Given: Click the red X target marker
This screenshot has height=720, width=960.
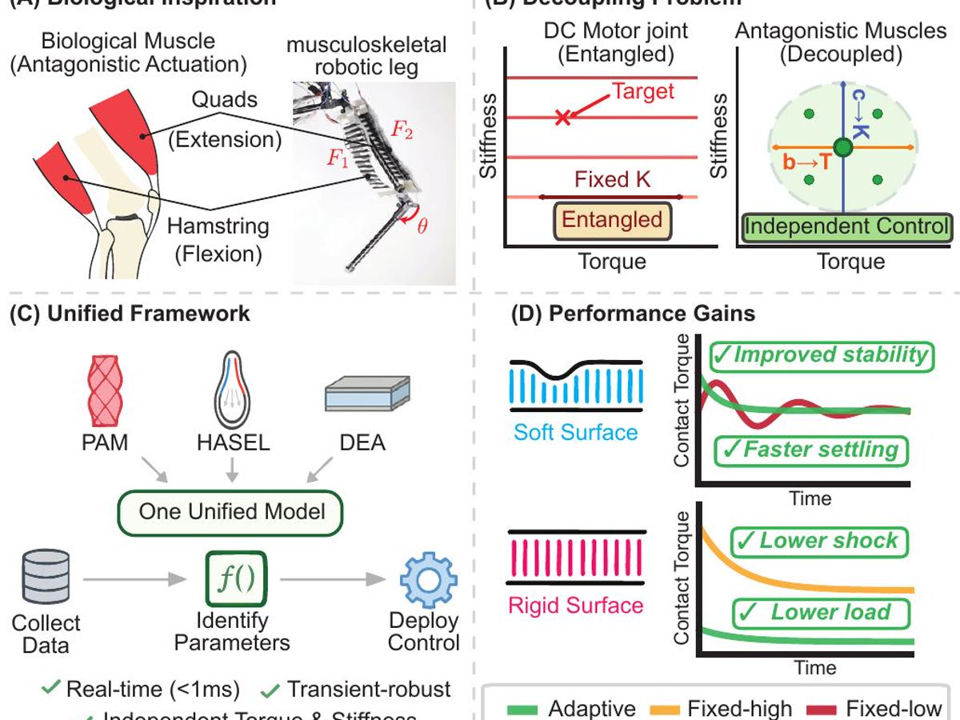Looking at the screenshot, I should [x=562, y=118].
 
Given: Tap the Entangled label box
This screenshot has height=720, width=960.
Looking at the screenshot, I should [x=612, y=220].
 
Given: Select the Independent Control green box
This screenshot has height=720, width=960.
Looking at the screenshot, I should [x=847, y=227].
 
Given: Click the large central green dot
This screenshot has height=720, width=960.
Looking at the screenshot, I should [x=842, y=147].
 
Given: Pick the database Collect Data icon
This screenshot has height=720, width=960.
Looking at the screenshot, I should [x=45, y=578].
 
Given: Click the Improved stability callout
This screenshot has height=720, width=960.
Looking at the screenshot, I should [x=821, y=355].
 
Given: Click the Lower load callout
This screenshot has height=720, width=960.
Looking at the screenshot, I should [x=821, y=613].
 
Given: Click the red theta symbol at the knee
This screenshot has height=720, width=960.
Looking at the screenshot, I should [x=422, y=225].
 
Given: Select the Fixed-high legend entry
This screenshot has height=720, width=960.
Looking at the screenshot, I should [x=723, y=708].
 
